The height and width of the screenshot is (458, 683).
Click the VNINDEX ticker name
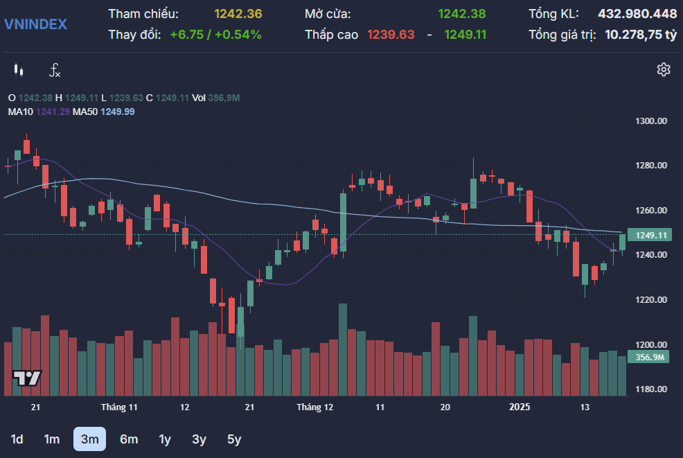pos(35,24)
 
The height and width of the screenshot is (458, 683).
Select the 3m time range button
pos(90,439)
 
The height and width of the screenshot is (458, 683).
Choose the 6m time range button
pos(129,439)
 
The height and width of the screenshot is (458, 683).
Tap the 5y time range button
pos(234,439)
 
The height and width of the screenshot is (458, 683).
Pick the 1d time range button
pos(17,439)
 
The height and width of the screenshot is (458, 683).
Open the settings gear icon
pos(664,70)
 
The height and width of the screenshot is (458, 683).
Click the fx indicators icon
pos(55,70)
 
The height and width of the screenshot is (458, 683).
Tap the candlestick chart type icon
pos(18,70)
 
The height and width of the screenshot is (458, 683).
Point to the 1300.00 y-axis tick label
pos(650,121)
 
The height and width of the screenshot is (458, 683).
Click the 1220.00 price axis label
pos(650,300)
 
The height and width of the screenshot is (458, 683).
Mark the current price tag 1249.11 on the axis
pos(650,236)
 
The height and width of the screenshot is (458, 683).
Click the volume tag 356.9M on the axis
pos(648,358)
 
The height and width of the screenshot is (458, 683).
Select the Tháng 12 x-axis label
pos(314,407)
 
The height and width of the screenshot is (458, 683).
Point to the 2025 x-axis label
pos(520,407)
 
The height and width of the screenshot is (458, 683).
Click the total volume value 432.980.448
pos(637,14)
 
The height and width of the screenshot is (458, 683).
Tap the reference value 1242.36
pos(238,14)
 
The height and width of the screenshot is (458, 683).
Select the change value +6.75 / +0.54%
pos(215,35)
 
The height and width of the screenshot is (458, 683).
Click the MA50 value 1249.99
pos(118,112)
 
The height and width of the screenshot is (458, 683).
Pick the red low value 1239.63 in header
pos(391,35)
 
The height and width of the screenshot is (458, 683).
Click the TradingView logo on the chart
pos(27,378)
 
